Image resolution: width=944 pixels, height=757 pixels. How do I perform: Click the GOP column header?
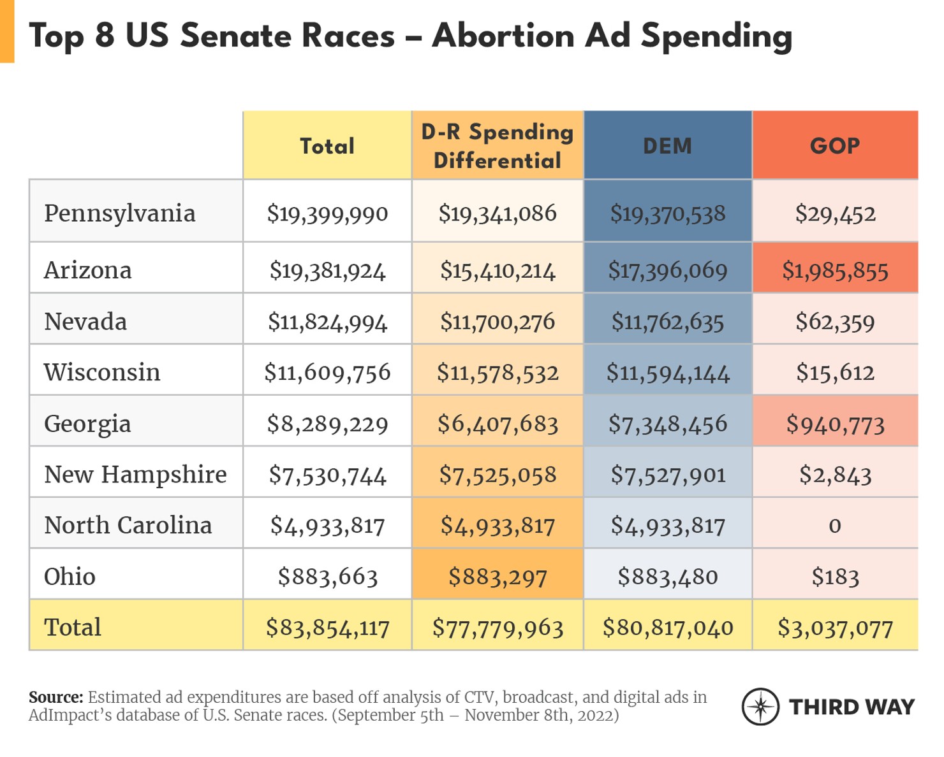pyautogui.click(x=835, y=146)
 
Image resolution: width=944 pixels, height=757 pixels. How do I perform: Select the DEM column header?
pyautogui.click(x=667, y=146)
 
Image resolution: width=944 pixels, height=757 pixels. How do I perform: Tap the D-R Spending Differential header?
pyautogui.click(x=498, y=146)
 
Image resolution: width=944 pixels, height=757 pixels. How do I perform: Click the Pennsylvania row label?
pyautogui.click(x=119, y=213)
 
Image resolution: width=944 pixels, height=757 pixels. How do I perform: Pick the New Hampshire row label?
pyautogui.click(x=135, y=475)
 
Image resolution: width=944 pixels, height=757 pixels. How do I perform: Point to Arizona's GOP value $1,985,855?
pyautogui.click(x=835, y=271)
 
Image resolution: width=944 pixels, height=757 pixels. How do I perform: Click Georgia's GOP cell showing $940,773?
pyautogui.click(x=835, y=424)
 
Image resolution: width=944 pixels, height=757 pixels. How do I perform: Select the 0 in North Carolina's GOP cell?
pyautogui.click(x=835, y=526)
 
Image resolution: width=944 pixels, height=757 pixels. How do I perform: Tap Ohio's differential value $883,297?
pyautogui.click(x=498, y=577)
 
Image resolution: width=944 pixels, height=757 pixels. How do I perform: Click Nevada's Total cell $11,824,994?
pyautogui.click(x=327, y=322)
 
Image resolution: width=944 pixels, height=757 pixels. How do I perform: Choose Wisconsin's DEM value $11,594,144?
pyautogui.click(x=667, y=373)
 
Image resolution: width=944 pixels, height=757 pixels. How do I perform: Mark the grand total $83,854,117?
pyautogui.click(x=327, y=628)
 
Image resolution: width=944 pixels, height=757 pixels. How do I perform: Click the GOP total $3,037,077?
pyautogui.click(x=835, y=628)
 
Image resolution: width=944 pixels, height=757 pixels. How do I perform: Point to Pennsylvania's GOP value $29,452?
pyautogui.click(x=835, y=213)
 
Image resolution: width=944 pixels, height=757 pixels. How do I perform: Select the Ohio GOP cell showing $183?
pyautogui.click(x=835, y=577)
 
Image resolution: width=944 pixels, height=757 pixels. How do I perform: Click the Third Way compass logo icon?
pyautogui.click(x=760, y=707)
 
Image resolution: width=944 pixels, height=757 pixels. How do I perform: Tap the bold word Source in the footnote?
pyautogui.click(x=55, y=697)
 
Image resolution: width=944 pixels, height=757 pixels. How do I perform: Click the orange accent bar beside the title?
pyautogui.click(x=7, y=32)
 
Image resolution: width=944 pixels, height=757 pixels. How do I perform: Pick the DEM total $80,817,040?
pyautogui.click(x=667, y=628)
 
